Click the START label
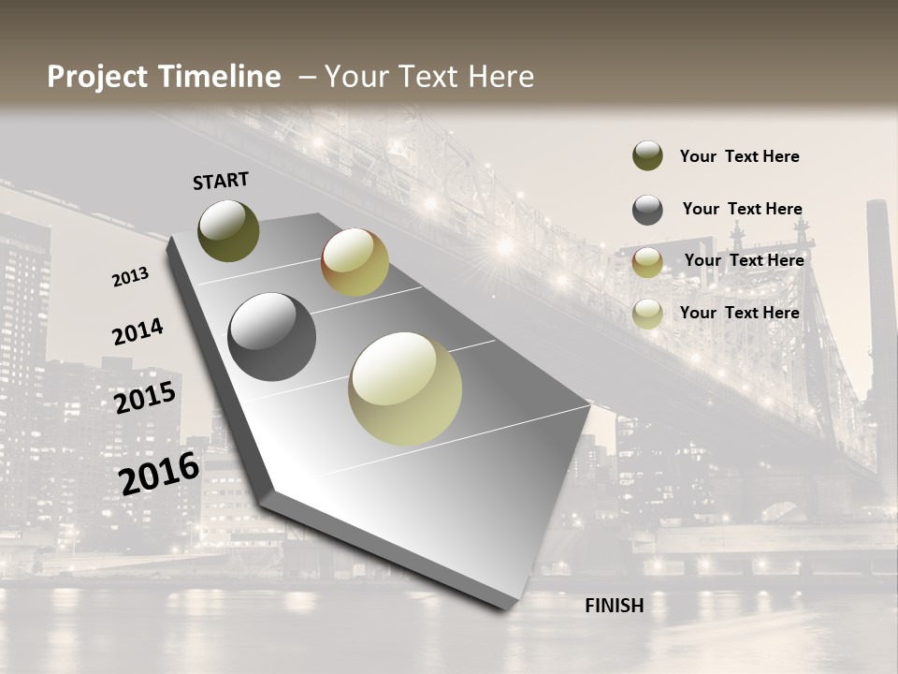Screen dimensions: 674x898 pos(221,181)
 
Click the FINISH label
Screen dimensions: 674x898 pos(614,606)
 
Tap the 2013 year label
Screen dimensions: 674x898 pos(130,277)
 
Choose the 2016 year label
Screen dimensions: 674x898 pos(159,474)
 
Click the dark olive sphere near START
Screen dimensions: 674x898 pos(229,230)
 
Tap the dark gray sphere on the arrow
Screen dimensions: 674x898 pos(272,337)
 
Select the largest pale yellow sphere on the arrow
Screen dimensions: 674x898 pos(405,388)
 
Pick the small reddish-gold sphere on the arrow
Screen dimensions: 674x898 pos(355,262)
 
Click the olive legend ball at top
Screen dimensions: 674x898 pos(647,156)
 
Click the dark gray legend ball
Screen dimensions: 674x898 pos(647,210)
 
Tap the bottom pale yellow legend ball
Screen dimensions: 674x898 pos(647,314)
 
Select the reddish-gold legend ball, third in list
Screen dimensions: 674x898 pos(647,262)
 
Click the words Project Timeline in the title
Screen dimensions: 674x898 pos(164,77)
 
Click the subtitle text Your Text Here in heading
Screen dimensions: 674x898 pos(429,77)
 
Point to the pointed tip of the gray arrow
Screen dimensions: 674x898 pos(510,607)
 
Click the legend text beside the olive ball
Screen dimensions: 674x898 pos(739,157)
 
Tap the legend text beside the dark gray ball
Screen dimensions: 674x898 pos(742,210)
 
